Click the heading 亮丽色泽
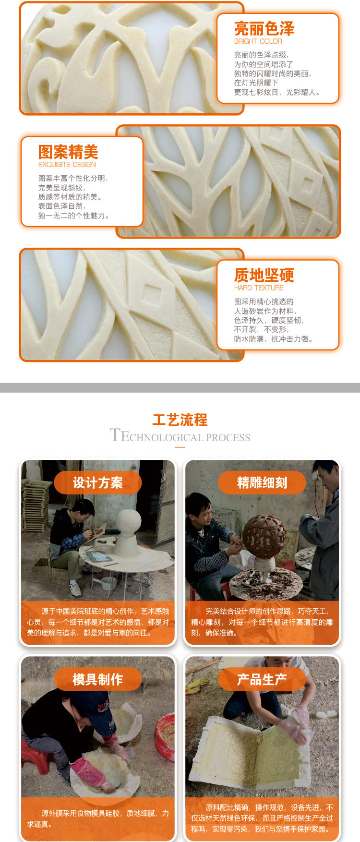[264, 29]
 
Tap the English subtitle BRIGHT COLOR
[258, 41]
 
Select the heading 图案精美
[68, 152]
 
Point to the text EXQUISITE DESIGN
[67, 164]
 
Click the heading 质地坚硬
[264, 275]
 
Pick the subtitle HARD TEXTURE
[259, 288]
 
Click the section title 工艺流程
[180, 420]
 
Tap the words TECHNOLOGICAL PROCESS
[180, 436]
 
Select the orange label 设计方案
[98, 482]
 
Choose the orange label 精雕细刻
[262, 482]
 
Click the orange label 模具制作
[98, 679]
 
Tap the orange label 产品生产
[262, 679]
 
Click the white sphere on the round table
[129, 522]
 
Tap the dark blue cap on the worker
[92, 705]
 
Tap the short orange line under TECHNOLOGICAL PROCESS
[180, 447]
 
